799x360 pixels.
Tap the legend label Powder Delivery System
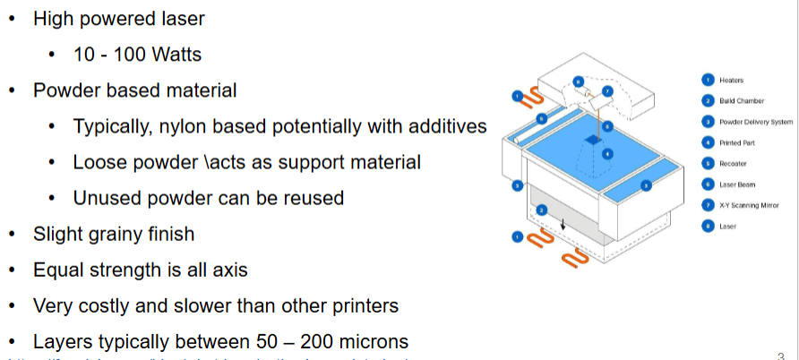coord(756,122)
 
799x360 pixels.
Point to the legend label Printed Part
coord(736,143)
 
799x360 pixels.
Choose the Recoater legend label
coord(733,164)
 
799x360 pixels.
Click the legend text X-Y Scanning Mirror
coord(748,206)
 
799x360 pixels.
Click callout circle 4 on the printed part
coord(607,154)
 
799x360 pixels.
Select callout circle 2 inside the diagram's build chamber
coord(541,210)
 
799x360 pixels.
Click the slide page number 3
coord(781,353)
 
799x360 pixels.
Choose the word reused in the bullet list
coord(312,198)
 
